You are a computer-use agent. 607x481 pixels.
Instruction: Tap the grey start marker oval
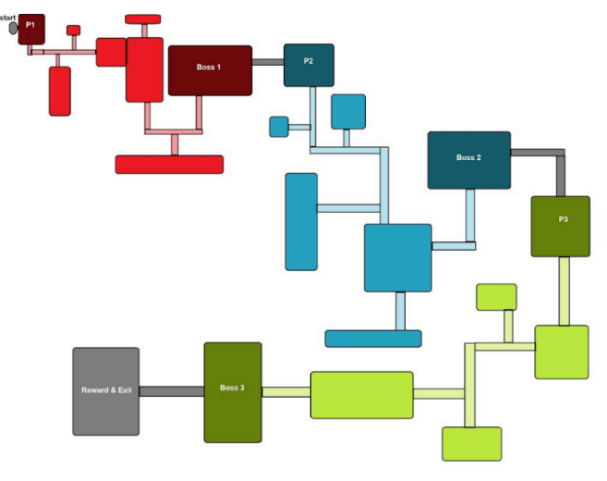click(13, 29)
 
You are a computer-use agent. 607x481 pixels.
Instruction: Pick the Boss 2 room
click(468, 159)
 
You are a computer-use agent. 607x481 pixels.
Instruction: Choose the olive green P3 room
click(560, 226)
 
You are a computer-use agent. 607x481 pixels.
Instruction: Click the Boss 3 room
click(233, 392)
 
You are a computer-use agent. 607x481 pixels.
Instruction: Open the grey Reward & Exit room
click(106, 391)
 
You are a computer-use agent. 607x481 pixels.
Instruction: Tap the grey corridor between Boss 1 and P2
click(268, 62)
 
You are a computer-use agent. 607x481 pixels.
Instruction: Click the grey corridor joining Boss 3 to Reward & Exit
click(171, 391)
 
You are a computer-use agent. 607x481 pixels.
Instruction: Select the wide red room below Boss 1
click(169, 164)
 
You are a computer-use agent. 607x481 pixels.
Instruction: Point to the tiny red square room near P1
click(74, 31)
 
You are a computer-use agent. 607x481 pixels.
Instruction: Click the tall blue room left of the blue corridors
click(301, 221)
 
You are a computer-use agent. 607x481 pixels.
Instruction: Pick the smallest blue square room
click(279, 126)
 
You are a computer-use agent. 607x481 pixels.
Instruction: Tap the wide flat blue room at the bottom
click(373, 339)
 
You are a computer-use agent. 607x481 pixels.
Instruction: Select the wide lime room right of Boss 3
click(361, 394)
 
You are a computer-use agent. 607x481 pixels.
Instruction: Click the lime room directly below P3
click(562, 351)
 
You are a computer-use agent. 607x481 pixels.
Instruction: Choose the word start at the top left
click(8, 18)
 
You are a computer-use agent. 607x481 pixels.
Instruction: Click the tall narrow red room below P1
click(60, 91)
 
